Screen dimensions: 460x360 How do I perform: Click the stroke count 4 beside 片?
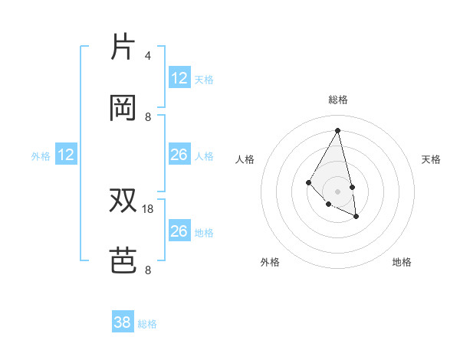[148, 56]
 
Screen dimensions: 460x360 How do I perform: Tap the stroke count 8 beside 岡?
[148, 117]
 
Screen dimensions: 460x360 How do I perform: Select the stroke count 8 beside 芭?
[148, 270]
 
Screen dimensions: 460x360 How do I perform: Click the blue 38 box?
[123, 323]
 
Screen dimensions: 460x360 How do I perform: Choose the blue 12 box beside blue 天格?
[179, 78]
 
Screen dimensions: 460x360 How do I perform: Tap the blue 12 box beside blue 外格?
[66, 155]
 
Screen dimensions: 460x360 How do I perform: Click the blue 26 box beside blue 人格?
[179, 155]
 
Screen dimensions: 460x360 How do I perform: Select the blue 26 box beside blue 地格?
[179, 231]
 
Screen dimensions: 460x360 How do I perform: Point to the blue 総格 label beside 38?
[148, 324]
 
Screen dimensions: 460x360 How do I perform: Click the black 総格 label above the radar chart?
[337, 100]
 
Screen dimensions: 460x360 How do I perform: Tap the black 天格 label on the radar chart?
[431, 159]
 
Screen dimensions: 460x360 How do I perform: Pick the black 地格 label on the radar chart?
[402, 262]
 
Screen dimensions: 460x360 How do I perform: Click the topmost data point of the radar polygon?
[337, 130]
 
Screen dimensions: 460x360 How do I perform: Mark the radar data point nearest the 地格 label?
[356, 217]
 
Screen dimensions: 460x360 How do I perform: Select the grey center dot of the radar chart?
[337, 191]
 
